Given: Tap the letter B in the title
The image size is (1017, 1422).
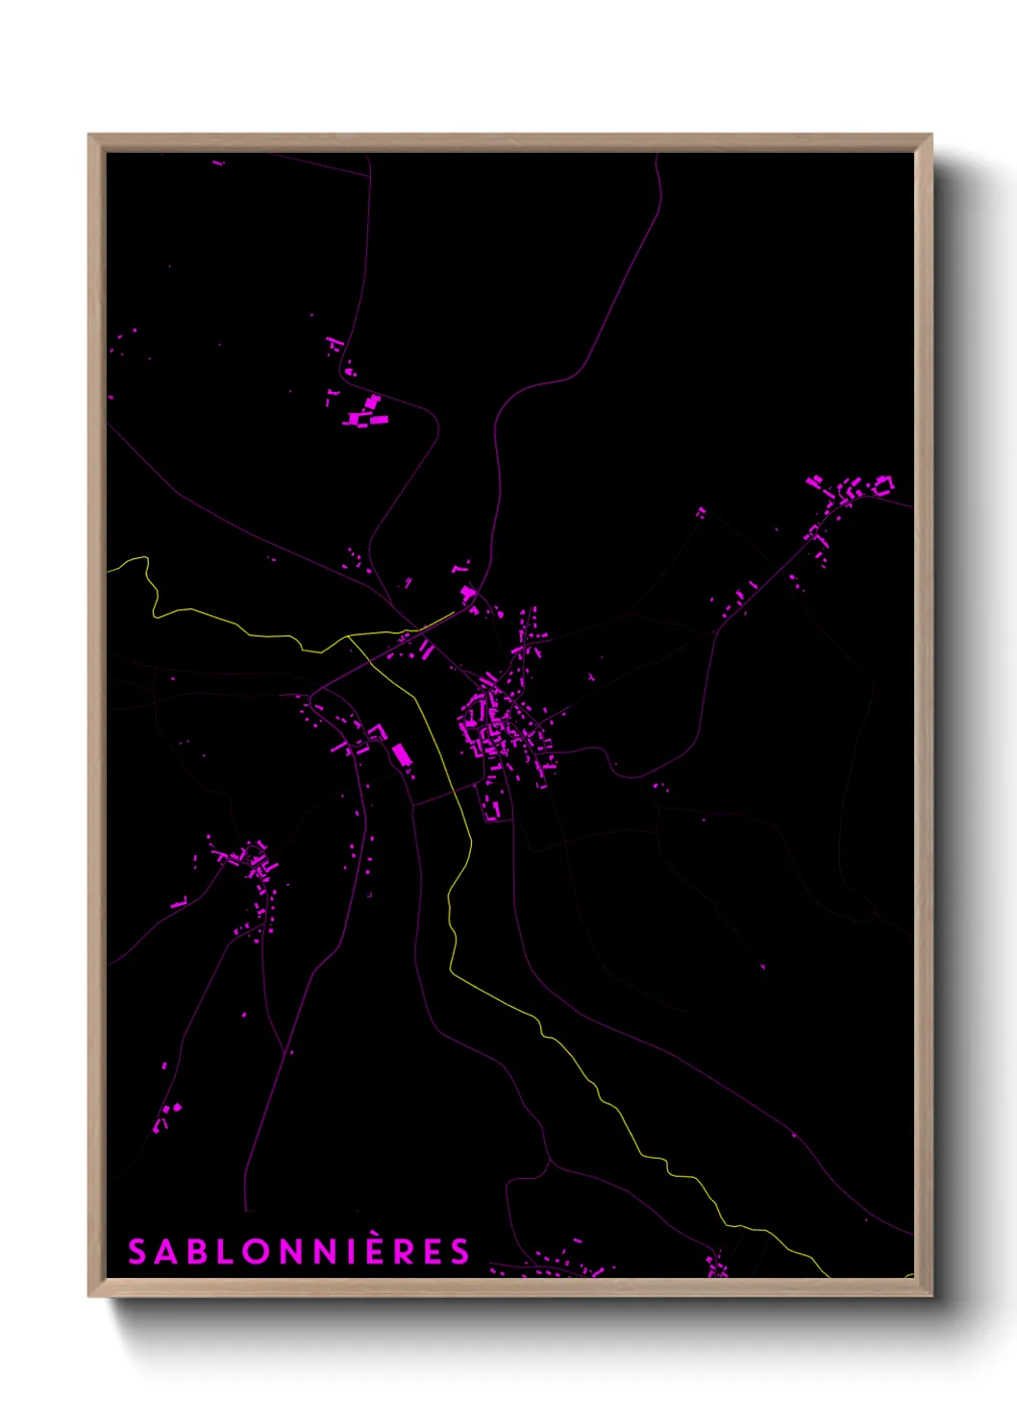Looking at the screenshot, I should (x=194, y=1252).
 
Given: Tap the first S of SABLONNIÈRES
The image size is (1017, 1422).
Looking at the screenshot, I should (x=137, y=1252).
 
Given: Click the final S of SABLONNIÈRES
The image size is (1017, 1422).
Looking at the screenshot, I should (x=459, y=1252).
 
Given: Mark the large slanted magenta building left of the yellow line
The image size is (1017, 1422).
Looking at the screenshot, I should (x=402, y=755).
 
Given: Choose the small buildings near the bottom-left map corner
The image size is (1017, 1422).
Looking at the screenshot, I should (x=167, y=1115).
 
